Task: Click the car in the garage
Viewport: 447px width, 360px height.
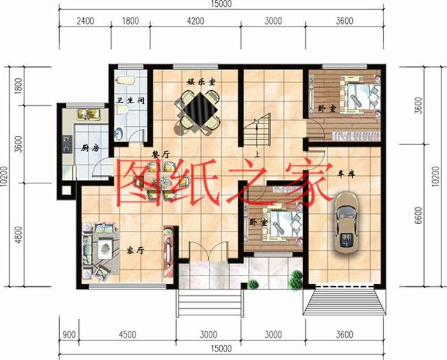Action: (x=347, y=223)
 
